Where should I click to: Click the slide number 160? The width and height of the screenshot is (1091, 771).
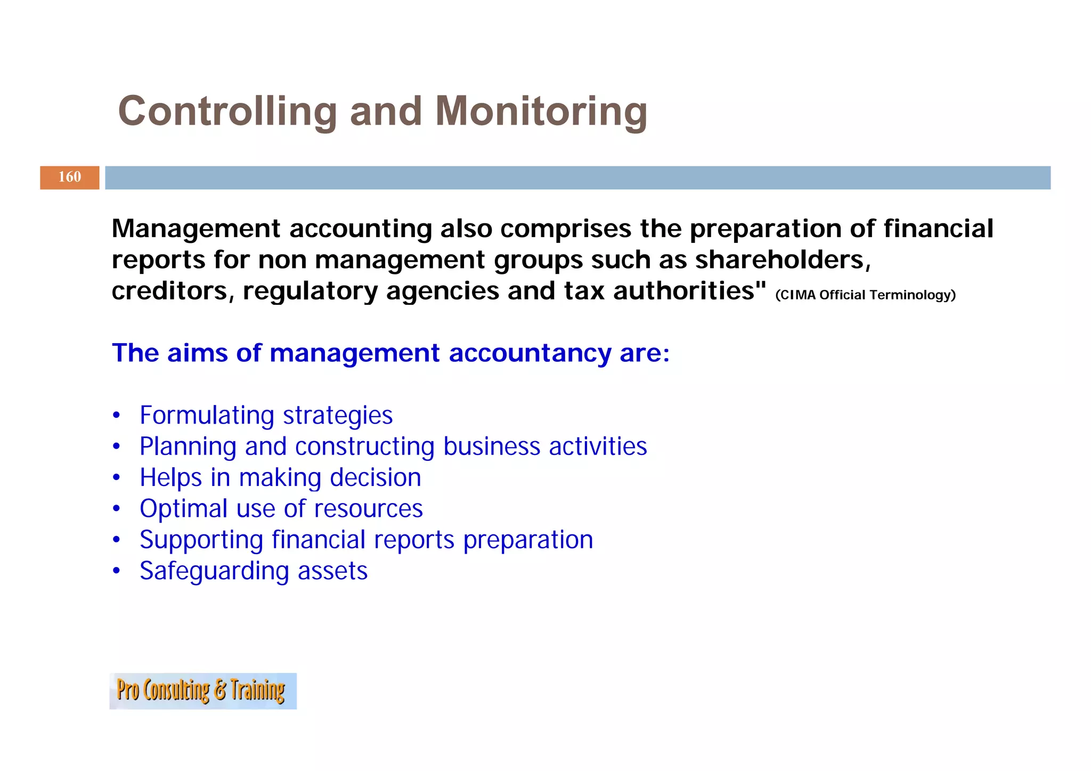coord(70,177)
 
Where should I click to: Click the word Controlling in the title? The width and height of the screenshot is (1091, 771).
coord(227,111)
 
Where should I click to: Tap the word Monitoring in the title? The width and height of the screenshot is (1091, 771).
coord(541,111)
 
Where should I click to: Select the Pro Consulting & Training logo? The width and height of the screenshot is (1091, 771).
coord(203,691)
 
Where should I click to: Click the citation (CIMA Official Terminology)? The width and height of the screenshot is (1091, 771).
coord(865,295)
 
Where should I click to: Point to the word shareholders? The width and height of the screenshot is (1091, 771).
coord(783,260)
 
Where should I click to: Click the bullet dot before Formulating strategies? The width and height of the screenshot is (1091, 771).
coord(117,415)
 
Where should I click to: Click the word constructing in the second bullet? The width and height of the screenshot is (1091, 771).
coord(365,447)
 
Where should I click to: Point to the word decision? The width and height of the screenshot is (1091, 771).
coord(376,477)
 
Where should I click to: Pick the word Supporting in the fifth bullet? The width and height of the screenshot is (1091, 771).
coord(201,540)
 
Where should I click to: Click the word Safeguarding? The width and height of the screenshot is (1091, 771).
coord(214,571)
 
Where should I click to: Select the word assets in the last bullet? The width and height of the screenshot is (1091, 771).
coord(332,571)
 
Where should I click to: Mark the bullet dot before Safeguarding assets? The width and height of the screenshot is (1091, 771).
coord(117,571)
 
